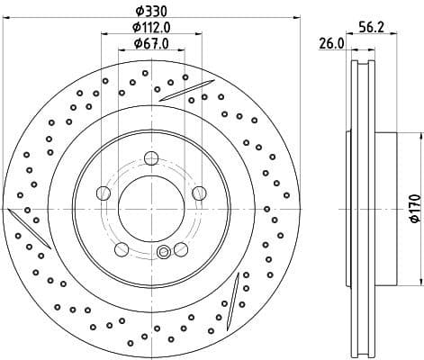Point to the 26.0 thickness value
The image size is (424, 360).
pyautogui.click(x=330, y=43)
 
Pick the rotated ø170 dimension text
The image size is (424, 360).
pyautogui.click(x=413, y=207)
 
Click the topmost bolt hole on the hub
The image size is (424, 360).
pyautogui.click(x=150, y=159)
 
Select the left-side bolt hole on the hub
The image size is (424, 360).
pyautogui.click(x=104, y=193)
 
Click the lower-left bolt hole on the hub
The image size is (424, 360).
pyautogui.click(x=122, y=247)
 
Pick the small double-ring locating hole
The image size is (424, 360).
pyautogui.click(x=162, y=253)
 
